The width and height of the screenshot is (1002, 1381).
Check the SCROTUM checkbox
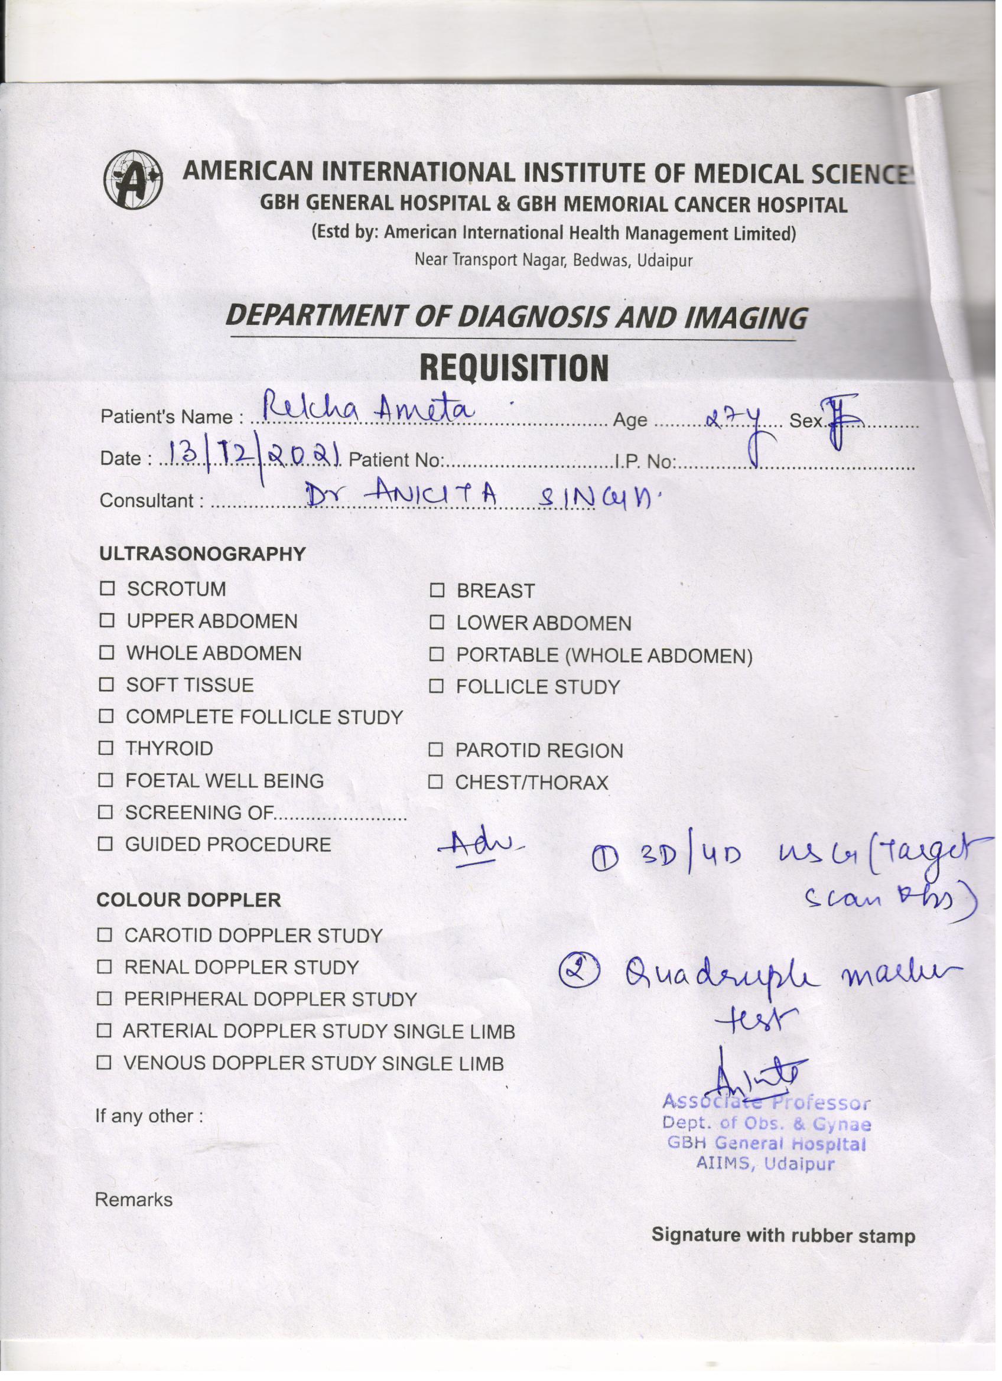108,589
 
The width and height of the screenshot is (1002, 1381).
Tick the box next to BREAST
437,591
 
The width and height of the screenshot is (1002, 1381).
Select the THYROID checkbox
106,748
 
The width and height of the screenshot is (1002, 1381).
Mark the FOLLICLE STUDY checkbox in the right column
436,687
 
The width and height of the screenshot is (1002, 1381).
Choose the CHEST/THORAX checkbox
435,783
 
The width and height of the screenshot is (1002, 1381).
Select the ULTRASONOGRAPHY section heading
202,554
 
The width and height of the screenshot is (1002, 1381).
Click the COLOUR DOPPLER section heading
188,900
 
